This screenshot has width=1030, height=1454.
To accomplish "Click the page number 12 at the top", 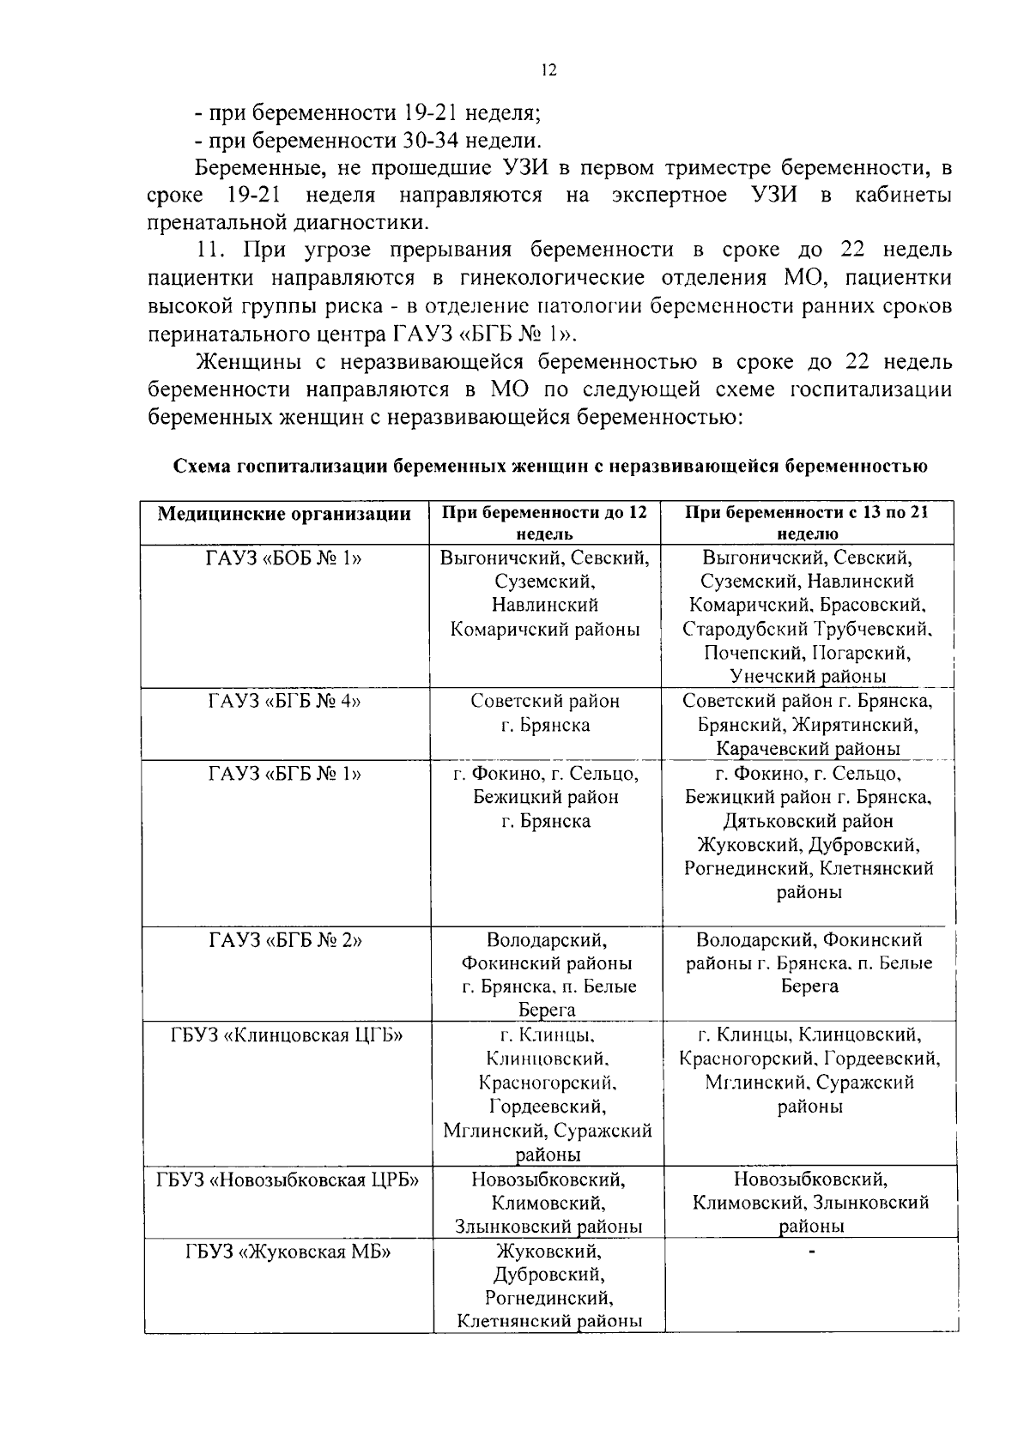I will (x=549, y=70).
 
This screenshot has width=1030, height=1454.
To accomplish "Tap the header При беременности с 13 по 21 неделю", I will (x=807, y=522).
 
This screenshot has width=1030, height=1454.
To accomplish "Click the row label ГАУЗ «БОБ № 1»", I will (x=284, y=558).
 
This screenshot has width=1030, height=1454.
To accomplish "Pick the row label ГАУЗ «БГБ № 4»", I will (x=284, y=701).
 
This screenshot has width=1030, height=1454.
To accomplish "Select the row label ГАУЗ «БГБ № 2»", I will (x=284, y=939).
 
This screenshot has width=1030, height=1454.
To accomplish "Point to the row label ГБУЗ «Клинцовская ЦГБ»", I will (x=286, y=1035).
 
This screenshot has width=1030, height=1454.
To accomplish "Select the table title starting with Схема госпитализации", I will (x=549, y=467).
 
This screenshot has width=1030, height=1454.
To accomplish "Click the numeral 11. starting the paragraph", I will (x=212, y=250).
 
